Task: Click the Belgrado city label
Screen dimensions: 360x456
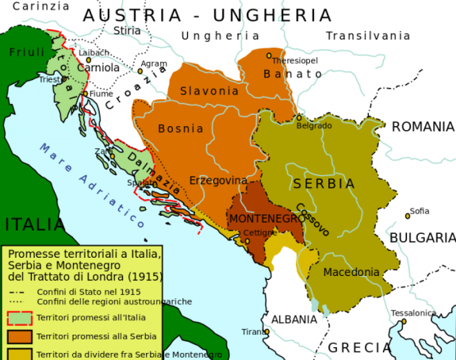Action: pos(314,126)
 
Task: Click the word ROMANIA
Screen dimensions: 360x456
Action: pos(423,127)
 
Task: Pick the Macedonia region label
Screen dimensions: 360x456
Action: pos(351,272)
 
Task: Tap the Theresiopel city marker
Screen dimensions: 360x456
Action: pos(270,56)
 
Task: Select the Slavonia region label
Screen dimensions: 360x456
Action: pos(209,91)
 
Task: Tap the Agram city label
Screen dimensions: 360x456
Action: pos(154,63)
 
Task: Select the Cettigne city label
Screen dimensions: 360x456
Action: pos(259,233)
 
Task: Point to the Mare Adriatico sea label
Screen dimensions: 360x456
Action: pos(90,179)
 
